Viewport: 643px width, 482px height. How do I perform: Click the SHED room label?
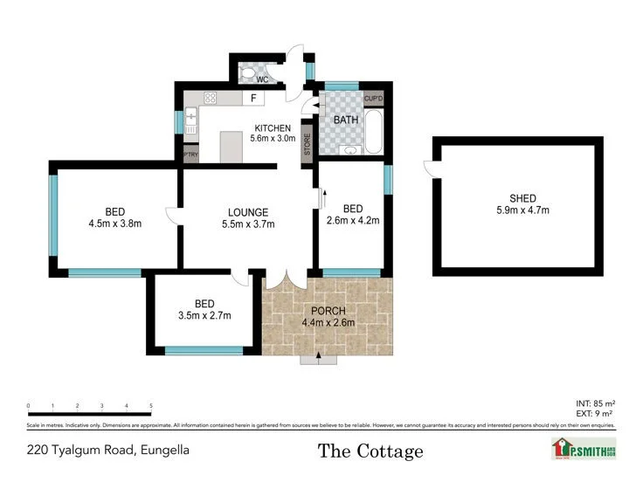point(516,198)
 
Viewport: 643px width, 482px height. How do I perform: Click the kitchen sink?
point(190,114)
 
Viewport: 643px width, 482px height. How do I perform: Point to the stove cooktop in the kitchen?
point(210,97)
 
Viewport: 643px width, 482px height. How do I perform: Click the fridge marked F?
point(252,98)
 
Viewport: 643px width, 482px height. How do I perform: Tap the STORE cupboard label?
point(307,142)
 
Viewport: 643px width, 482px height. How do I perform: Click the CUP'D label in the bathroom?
point(374,99)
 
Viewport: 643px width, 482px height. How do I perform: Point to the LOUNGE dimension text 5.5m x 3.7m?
point(247,224)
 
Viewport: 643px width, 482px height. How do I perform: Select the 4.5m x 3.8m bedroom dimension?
point(114,224)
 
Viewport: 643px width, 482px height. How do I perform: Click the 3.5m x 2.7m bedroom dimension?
point(204,315)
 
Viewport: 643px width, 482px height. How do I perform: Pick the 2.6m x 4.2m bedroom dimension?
point(353,221)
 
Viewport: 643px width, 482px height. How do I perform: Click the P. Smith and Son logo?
point(583,448)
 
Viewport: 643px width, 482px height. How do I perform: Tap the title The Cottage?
point(370,451)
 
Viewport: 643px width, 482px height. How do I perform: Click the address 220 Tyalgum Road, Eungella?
point(107,451)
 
